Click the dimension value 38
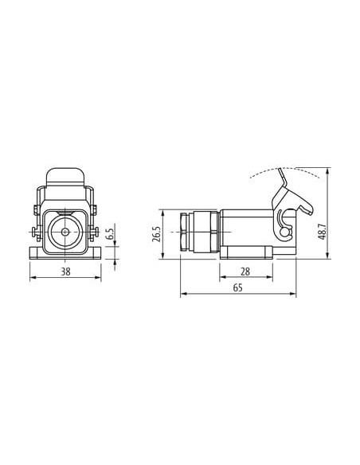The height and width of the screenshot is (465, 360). click(x=65, y=272)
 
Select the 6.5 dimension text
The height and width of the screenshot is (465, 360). click(x=109, y=233)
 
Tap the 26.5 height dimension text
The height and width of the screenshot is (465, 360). click(x=156, y=234)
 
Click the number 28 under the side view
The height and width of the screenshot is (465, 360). click(x=245, y=272)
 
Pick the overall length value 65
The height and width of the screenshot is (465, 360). click(x=238, y=287)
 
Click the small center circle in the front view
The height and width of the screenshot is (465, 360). click(x=65, y=232)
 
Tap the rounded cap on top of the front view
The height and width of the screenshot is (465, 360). click(x=65, y=178)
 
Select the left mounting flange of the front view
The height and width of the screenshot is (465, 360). click(x=37, y=254)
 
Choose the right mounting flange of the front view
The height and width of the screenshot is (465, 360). click(x=94, y=254)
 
